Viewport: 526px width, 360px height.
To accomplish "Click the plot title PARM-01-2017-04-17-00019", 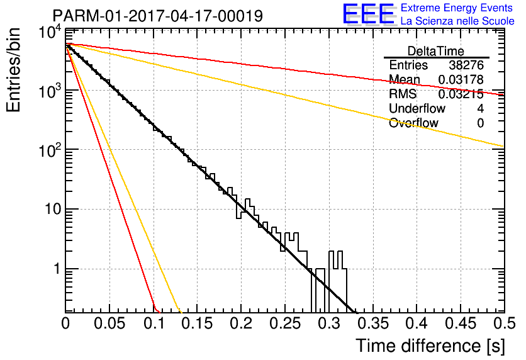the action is pos(158,16).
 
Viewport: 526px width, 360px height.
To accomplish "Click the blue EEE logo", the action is pos(368,14).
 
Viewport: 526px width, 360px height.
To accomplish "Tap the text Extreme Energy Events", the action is pos(457,8).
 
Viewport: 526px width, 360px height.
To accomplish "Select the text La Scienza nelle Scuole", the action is pos(457,21).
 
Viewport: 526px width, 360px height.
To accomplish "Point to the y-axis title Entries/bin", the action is pos(13,70).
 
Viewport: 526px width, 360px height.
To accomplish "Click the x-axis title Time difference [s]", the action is pos(430,346).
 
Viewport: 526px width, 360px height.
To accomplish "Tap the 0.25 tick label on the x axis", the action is pos(285,323).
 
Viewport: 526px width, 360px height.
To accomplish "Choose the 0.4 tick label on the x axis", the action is pos(417,323).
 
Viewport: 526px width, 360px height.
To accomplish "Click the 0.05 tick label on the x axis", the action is pos(109,323).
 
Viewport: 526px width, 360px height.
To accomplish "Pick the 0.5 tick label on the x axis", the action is pos(505,323).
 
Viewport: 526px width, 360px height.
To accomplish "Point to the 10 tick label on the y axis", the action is pos(53,209).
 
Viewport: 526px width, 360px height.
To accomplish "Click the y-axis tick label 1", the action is pos(57,269).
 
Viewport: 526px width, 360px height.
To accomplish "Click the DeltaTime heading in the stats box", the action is pos(436,51).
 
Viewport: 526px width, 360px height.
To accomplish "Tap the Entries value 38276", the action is pos(466,65).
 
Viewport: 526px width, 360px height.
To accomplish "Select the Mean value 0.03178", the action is pos(461,79).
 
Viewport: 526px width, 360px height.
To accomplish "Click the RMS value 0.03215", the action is pos(461,94).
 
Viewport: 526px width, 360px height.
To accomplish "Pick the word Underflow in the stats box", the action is pos(417,108).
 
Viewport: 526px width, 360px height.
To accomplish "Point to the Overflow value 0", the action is pos(480,123).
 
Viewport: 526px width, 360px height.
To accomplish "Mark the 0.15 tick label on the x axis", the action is pos(198,323).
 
